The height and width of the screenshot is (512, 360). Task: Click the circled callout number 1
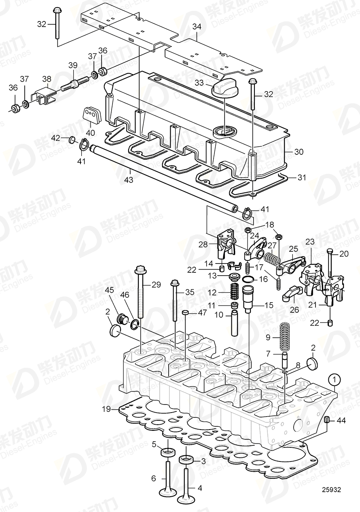pos(335,379)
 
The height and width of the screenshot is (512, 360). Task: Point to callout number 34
pos(196,27)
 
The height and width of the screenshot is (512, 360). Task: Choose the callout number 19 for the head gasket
pos(106,409)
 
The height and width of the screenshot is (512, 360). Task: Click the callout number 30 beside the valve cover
pos(299,152)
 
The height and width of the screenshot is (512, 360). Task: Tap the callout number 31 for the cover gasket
pos(302,177)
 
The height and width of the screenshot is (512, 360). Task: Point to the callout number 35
pos(190,292)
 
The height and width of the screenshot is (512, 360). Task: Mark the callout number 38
pos(47,79)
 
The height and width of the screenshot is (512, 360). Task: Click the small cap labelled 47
pos(185,313)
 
